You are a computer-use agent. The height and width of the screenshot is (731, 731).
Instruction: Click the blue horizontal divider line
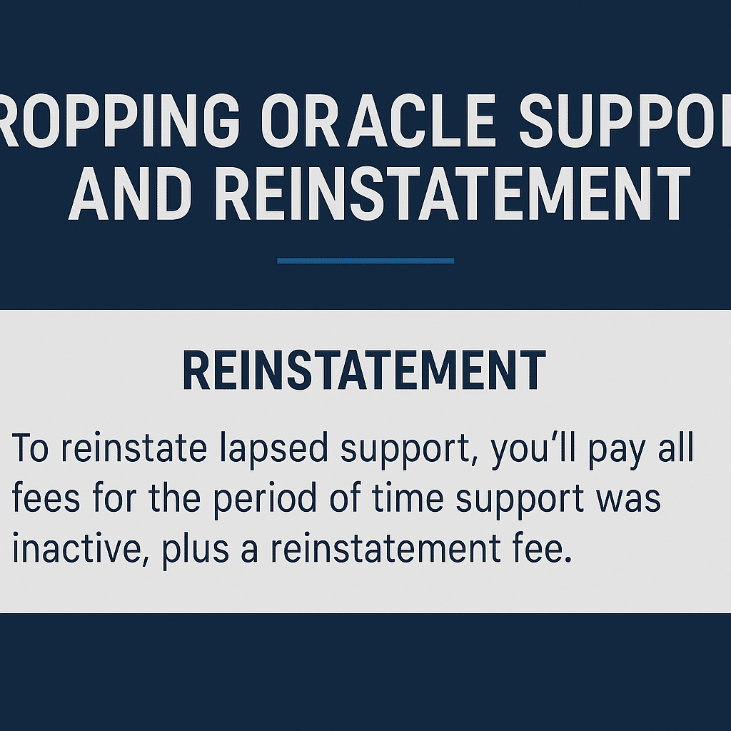coord(365,261)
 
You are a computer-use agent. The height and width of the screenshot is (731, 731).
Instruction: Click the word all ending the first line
coord(675,451)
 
